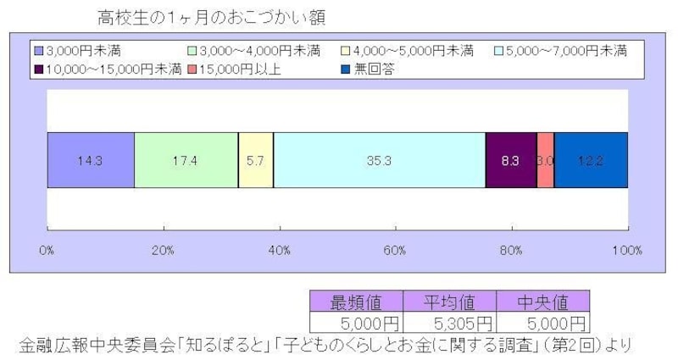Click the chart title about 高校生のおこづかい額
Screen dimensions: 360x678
pyautogui.click(x=211, y=17)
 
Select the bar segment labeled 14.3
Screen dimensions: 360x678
pyautogui.click(x=91, y=160)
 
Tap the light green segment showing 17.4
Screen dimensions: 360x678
pyautogui.click(x=186, y=160)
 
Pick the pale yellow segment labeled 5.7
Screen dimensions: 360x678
pyautogui.click(x=255, y=160)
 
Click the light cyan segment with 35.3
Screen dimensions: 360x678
pyautogui.click(x=379, y=160)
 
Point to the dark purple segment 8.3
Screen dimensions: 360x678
pyautogui.click(x=510, y=160)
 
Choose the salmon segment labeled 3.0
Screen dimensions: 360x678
pyautogui.click(x=545, y=160)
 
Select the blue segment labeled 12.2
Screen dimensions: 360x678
pyautogui.click(x=591, y=160)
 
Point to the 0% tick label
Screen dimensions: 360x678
pyautogui.click(x=47, y=251)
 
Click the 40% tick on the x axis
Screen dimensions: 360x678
pyautogui.click(x=279, y=251)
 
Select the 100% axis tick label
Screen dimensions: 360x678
pyautogui.click(x=626, y=251)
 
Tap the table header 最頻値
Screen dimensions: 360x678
pyautogui.click(x=357, y=302)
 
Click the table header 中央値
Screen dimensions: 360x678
pyautogui.click(x=542, y=302)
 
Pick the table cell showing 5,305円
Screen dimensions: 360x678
pyautogui.click(x=449, y=323)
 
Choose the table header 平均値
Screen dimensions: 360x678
pyautogui.click(x=449, y=302)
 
